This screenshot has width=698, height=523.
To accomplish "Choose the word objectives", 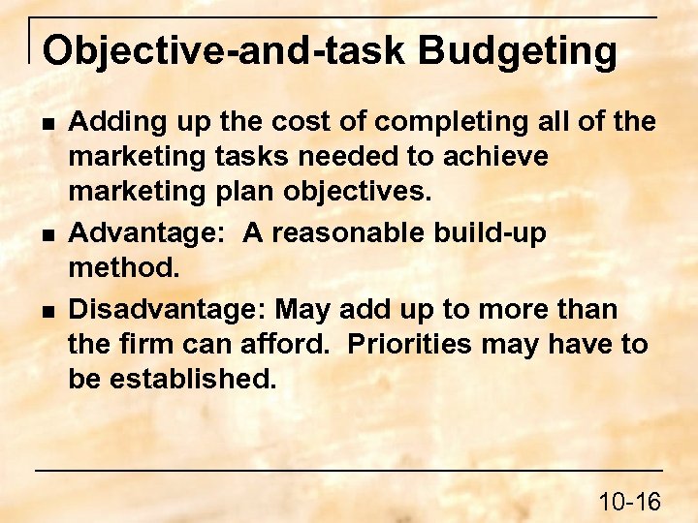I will click(359, 191).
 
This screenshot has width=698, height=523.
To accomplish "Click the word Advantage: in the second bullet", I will click(150, 232).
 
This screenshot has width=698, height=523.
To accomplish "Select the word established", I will click(194, 379).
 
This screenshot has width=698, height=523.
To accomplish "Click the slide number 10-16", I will click(629, 501).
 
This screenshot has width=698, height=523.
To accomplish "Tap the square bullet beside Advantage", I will click(47, 234).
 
